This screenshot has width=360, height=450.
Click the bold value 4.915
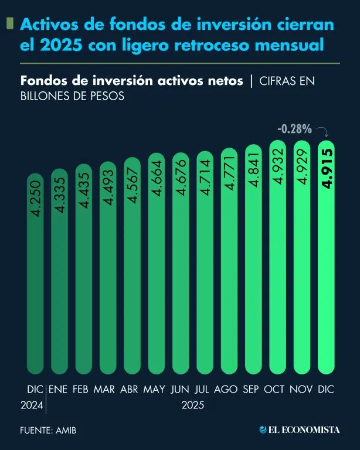click(326, 169)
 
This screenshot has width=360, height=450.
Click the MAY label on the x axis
click(154, 390)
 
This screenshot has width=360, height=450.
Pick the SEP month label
click(250, 390)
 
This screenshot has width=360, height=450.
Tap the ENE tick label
click(58, 390)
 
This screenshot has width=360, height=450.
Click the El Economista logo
click(299, 430)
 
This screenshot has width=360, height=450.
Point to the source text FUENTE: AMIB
click(48, 431)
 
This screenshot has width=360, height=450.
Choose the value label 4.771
click(229, 173)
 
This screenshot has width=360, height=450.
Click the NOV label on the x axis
click(301, 390)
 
